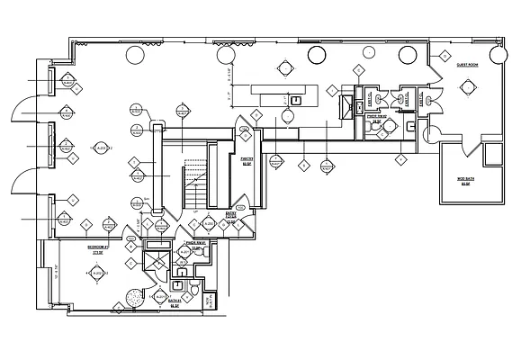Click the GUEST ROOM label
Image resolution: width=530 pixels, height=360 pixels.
click(x=466, y=66)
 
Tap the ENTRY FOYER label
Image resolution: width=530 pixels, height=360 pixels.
click(x=242, y=216)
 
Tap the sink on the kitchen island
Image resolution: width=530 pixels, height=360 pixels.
click(x=295, y=101)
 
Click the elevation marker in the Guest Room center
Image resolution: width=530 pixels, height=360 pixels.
click(x=468, y=87)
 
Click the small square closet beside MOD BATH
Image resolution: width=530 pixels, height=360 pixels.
click(x=491, y=156)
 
